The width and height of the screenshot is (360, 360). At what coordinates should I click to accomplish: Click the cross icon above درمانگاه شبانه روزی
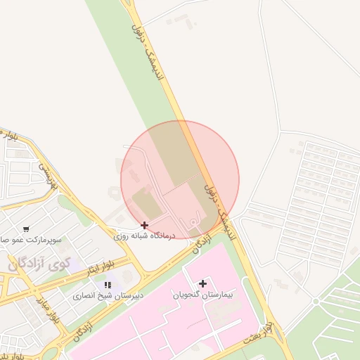[144, 225]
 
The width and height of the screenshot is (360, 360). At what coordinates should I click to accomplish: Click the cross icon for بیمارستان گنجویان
[202, 283]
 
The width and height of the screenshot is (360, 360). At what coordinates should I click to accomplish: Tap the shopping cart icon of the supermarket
[26, 229]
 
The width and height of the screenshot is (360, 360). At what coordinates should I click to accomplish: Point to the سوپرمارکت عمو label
[32, 240]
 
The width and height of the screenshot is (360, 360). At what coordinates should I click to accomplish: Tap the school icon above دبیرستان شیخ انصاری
[108, 285]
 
